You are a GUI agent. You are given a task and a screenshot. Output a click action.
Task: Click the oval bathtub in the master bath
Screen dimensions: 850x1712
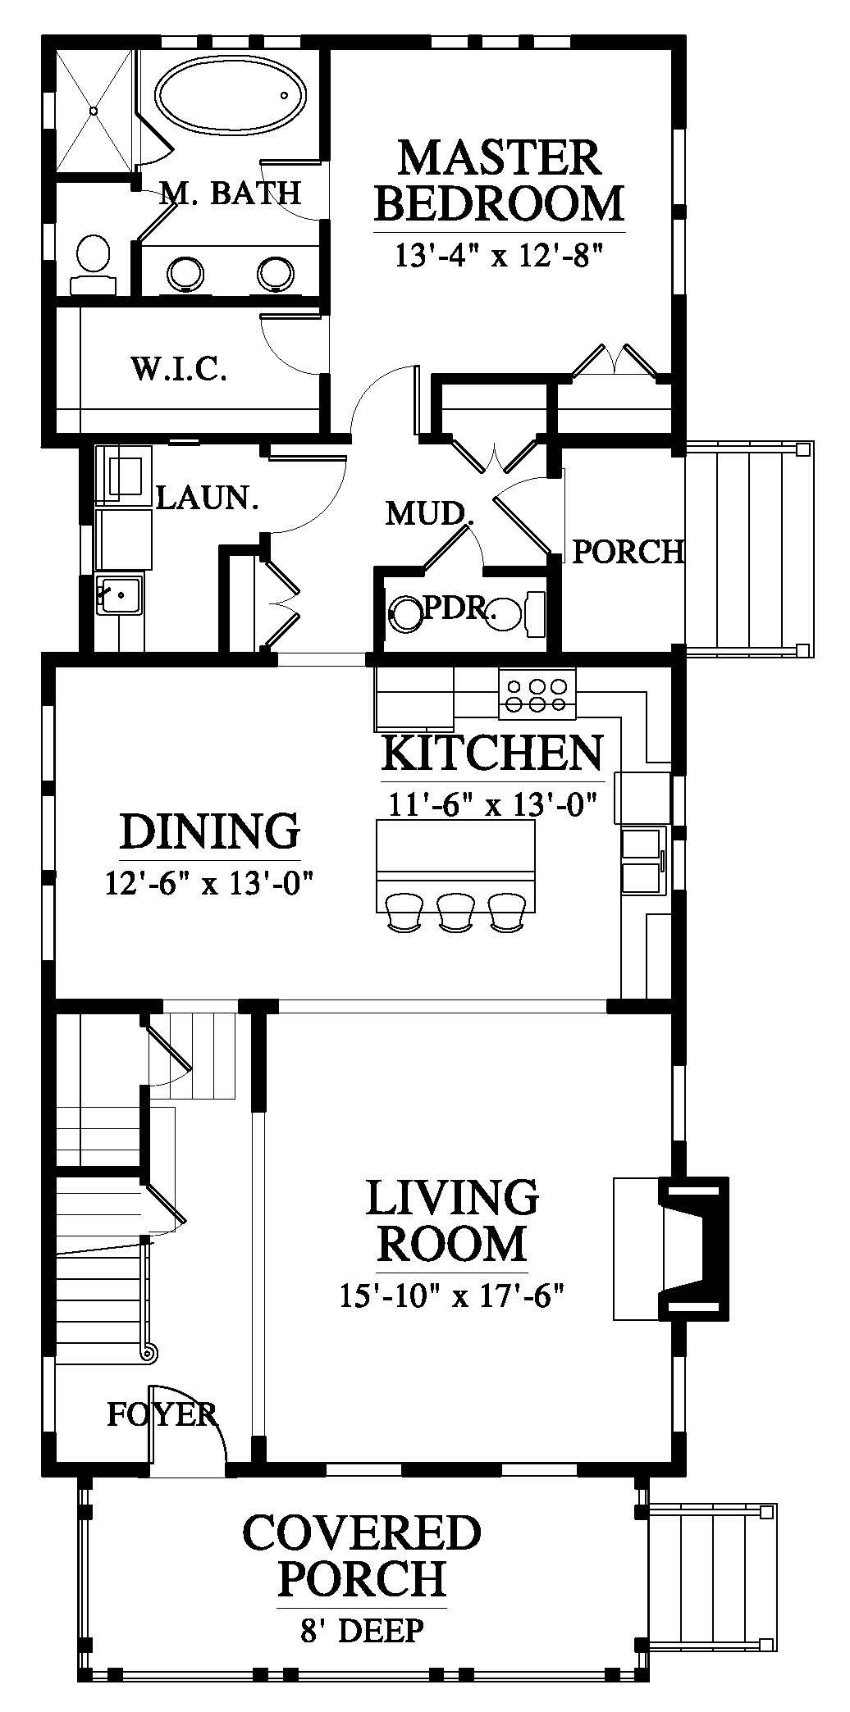[x=231, y=101]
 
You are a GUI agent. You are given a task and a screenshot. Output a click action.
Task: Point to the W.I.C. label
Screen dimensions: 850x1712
[x=178, y=370]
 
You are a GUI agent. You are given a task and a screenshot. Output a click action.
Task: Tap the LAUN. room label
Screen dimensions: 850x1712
[x=207, y=498]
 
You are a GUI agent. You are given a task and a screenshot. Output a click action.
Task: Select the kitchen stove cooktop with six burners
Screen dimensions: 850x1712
[x=537, y=694]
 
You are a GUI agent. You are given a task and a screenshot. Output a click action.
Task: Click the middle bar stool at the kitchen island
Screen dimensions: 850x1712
[x=456, y=911]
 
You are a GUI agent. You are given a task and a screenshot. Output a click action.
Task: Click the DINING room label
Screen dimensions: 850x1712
[x=210, y=831]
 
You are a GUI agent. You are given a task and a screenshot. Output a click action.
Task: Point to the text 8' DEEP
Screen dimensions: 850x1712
[x=362, y=1631]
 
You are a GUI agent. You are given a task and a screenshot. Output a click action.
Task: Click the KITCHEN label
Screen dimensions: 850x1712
[x=493, y=753]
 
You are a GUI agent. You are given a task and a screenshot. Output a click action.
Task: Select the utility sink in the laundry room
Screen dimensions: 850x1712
[x=120, y=594]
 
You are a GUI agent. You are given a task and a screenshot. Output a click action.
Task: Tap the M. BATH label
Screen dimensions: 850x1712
[x=230, y=193]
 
